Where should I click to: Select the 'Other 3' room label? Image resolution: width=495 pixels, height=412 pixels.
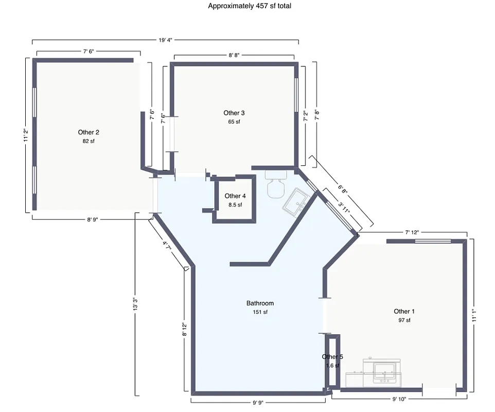[234, 113]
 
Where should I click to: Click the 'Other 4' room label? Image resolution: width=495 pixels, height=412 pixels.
[235, 196]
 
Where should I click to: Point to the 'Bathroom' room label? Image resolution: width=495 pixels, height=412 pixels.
[260, 303]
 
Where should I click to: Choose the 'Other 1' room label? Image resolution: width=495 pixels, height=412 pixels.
[404, 311]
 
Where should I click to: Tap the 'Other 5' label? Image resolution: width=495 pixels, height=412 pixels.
[332, 356]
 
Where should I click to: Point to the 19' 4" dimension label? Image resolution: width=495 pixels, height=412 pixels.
[165, 39]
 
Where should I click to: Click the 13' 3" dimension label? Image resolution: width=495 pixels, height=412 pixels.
[135, 304]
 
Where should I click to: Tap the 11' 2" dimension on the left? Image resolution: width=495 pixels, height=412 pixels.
[25, 135]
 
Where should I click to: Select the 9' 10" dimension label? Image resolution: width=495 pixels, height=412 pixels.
[399, 399]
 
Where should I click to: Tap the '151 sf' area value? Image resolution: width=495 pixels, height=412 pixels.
[260, 312]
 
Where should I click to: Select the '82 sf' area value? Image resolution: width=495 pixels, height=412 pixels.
[89, 141]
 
